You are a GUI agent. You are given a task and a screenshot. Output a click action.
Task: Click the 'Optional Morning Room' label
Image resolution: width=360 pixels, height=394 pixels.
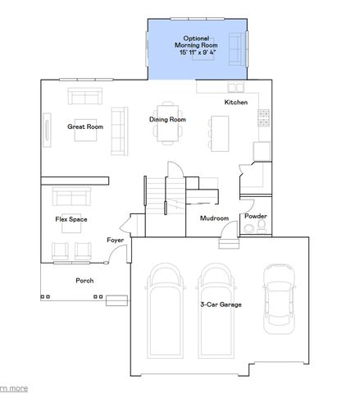(196, 42)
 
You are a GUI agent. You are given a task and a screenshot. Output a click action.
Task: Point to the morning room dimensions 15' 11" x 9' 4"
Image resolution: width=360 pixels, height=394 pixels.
(196, 52)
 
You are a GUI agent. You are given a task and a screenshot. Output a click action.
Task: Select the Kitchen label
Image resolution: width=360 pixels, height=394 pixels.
(236, 102)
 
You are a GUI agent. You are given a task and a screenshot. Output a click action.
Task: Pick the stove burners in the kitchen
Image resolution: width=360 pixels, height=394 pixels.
(264, 118)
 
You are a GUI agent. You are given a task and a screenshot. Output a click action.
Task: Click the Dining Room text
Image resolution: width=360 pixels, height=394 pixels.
(167, 120)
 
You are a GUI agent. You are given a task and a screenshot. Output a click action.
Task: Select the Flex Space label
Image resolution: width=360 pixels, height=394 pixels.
(71, 219)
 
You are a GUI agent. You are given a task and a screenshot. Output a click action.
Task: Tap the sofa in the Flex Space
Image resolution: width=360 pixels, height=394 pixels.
(71, 197)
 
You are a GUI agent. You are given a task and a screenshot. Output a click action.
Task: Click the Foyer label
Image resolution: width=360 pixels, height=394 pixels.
(115, 240)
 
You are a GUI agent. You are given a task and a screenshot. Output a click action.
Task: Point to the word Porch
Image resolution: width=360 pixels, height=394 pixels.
(84, 281)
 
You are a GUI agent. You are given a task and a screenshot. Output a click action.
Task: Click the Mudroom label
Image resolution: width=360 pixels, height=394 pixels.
(214, 218)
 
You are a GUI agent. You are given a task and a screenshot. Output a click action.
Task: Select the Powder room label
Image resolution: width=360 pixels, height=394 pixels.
(255, 216)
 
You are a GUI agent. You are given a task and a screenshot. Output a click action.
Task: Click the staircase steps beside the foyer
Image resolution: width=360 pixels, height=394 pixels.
(157, 195)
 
